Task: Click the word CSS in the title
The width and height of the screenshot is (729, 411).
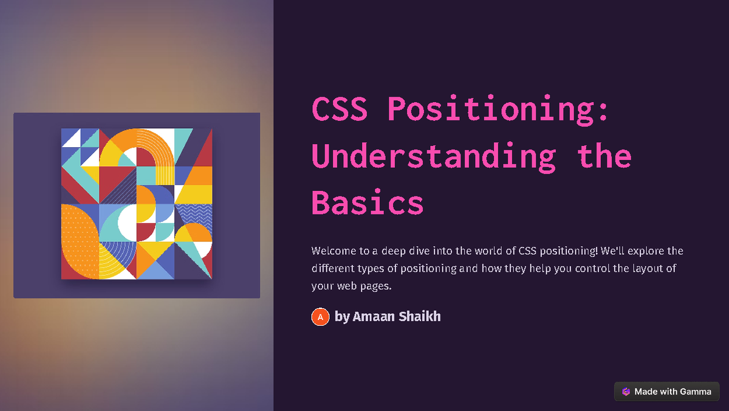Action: pyautogui.click(x=340, y=109)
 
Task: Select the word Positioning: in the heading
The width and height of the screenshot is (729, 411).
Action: pyautogui.click(x=498, y=110)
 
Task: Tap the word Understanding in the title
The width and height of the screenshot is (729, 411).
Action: pyautogui.click(x=434, y=157)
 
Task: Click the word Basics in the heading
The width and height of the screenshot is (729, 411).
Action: pyautogui.click(x=368, y=202)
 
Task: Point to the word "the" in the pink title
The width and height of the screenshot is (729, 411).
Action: pyautogui.click(x=604, y=155)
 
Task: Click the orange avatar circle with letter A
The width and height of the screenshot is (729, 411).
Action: pyautogui.click(x=320, y=317)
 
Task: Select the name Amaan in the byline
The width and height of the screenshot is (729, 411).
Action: pyautogui.click(x=373, y=317)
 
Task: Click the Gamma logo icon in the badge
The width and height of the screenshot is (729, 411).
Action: pyautogui.click(x=626, y=392)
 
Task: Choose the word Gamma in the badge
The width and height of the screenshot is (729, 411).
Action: pyautogui.click(x=695, y=392)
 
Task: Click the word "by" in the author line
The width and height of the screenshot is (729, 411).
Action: pyautogui.click(x=342, y=317)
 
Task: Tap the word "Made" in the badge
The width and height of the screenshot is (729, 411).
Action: pyautogui.click(x=644, y=392)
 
